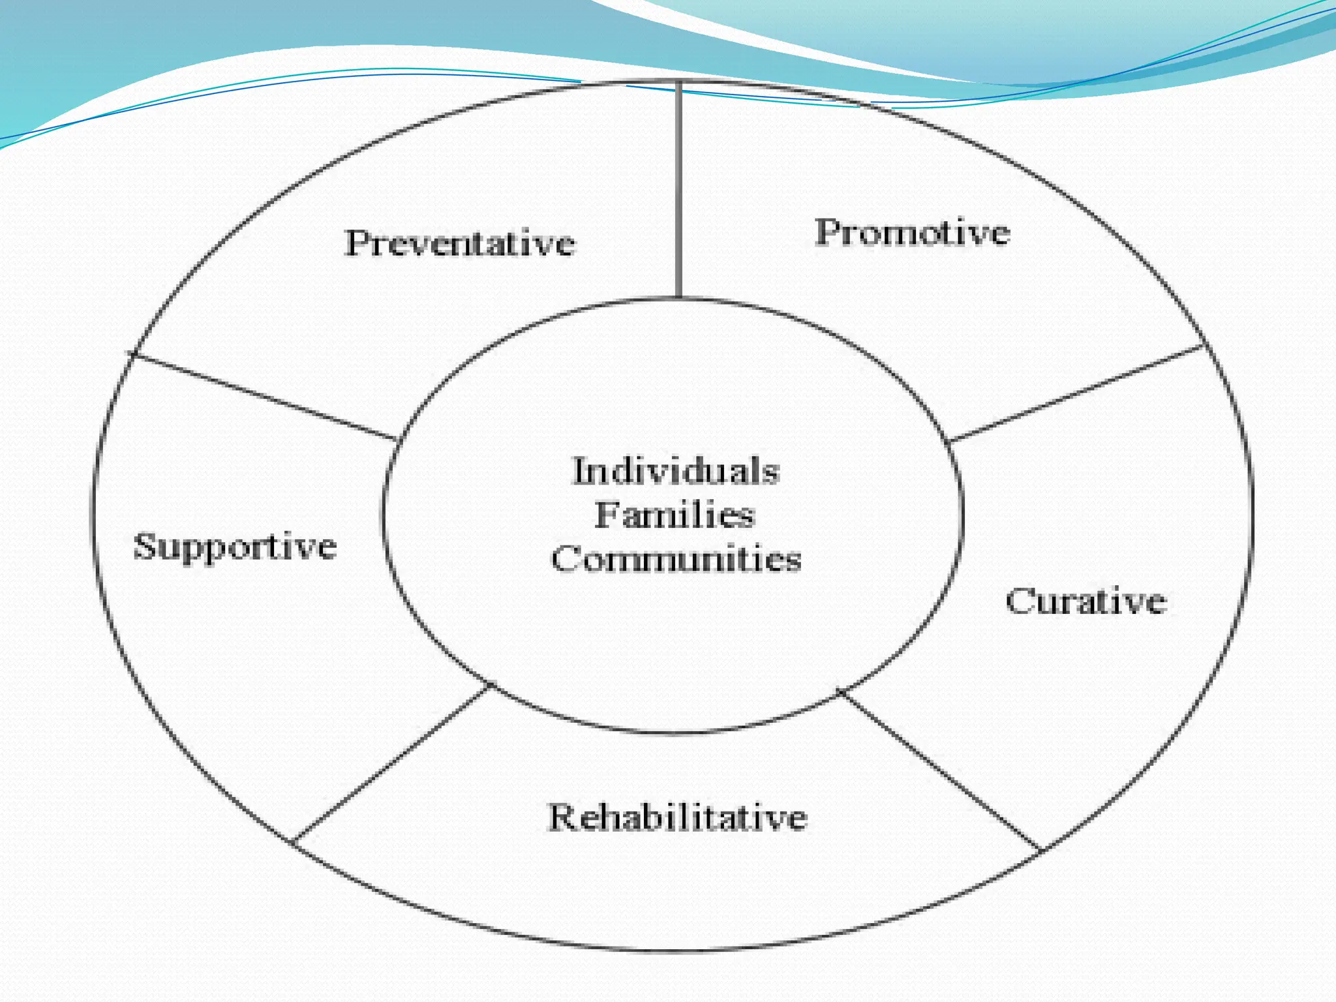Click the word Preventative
pos(460,244)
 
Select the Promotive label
pos(912,233)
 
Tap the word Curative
pos(1085,601)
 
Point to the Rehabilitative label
pos(678,817)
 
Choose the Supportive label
pos(235,547)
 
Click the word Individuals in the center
pos(676,471)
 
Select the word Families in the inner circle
pos(675,515)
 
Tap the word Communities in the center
pos(676,559)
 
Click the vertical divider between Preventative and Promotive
pos(679,189)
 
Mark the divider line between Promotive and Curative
pos(1076,393)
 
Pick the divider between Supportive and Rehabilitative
pos(391,763)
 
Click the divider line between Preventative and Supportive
pos(264,397)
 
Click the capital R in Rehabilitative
pos(562,817)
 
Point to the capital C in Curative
pos(1019,601)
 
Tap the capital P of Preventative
pos(357,243)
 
